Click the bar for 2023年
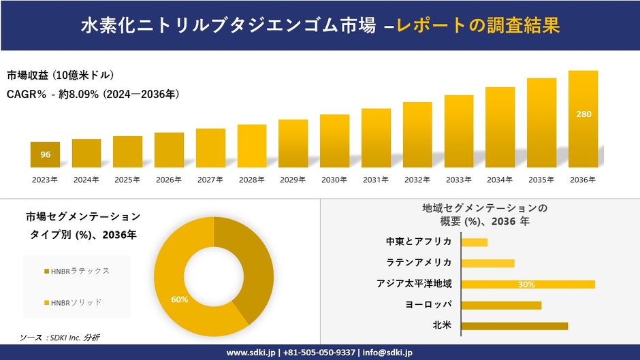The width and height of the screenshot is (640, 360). pyautogui.click(x=45, y=154)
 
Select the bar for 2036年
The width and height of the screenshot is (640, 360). pyautogui.click(x=583, y=119)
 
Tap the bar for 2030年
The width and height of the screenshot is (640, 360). pyautogui.click(x=334, y=141)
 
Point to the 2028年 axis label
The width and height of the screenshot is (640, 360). pyautogui.click(x=251, y=180)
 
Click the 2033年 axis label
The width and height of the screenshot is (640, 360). pyautogui.click(x=459, y=180)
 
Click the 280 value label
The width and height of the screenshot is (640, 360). pyautogui.click(x=583, y=114)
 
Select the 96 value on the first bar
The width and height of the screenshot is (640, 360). pyautogui.click(x=45, y=154)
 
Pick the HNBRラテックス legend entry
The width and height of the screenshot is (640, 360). pyautogui.click(x=76, y=271)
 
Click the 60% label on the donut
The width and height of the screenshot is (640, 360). pyautogui.click(x=179, y=299)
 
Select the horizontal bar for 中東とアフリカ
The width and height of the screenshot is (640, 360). pyautogui.click(x=475, y=242)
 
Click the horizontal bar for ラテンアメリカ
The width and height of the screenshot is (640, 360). pyautogui.click(x=488, y=263)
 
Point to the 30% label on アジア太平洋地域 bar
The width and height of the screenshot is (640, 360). pyautogui.click(x=526, y=284)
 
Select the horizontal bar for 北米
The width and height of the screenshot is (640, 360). pyautogui.click(x=515, y=326)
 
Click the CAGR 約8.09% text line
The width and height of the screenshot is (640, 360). pyautogui.click(x=93, y=94)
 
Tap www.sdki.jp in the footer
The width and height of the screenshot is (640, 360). pyautogui.click(x=251, y=353)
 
